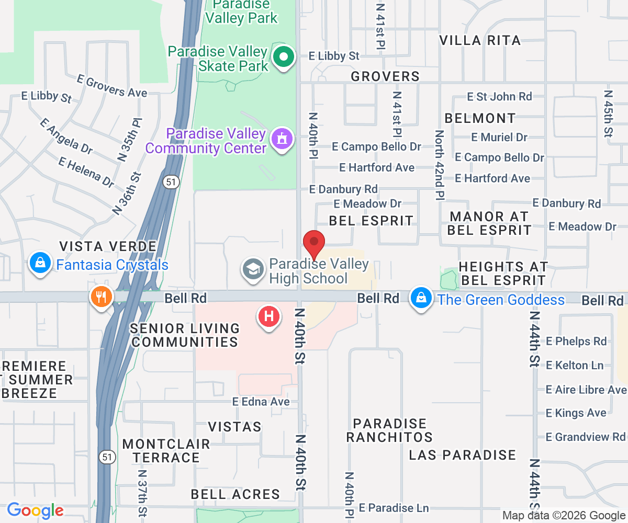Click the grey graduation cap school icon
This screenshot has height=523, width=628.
253,270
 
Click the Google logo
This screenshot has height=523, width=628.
35,510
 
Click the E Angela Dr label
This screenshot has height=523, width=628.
66,136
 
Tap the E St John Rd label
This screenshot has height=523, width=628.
499,96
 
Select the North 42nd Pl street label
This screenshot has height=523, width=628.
439,165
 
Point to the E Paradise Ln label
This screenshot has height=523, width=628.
394,508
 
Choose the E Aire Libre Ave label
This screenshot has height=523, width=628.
586,390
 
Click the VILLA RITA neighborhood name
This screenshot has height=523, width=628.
480,40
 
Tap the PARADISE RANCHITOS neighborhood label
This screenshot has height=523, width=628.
389,430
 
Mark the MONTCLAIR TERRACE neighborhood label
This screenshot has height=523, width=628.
166,451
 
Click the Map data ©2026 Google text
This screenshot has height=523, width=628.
564,516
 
